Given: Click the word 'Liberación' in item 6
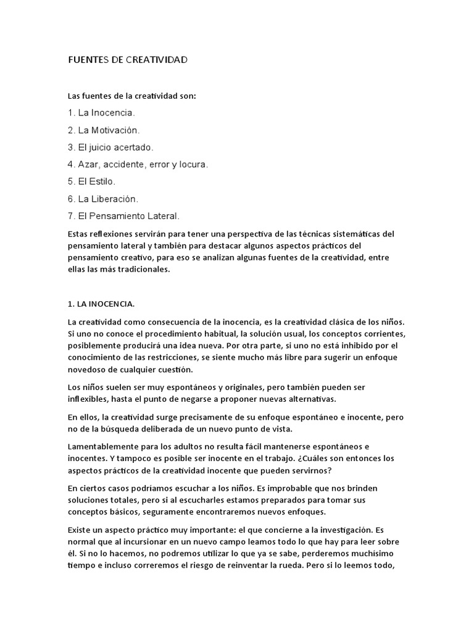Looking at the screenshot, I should coord(117,199).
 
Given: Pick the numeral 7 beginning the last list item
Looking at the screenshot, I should coord(70,217).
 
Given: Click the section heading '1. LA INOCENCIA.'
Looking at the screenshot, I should coord(101,304).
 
